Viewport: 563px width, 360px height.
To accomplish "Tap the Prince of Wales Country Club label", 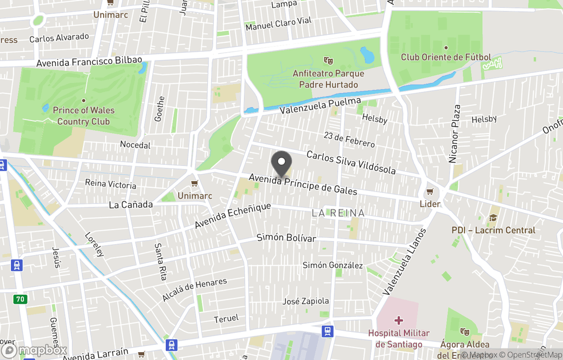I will coord(83,116).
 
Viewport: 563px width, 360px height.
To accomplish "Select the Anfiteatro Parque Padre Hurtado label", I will coord(328,79).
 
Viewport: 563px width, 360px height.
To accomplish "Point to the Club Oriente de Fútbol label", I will coord(446,57).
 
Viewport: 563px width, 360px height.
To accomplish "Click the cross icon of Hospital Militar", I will coord(399,320).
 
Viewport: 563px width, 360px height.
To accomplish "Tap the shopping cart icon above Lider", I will coord(430,192).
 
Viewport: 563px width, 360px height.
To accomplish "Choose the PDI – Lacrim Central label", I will coord(493,230).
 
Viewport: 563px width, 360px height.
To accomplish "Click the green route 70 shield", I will coord(20,299).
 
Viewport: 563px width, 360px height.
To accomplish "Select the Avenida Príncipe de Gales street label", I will coord(303,184).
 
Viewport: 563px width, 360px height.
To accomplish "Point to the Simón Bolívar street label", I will coord(286,237).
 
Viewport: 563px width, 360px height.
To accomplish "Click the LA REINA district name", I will coord(338,213).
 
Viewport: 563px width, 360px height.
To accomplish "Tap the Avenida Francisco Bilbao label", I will coord(89,62).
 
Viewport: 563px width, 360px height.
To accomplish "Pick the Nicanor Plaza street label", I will coord(455,133).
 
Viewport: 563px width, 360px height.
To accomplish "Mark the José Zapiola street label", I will coord(305,301).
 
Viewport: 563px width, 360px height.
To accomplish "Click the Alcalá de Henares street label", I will coord(194,290).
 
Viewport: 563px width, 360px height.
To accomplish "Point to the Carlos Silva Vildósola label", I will coord(351,163).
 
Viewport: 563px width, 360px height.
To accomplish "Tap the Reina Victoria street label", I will coord(111,184).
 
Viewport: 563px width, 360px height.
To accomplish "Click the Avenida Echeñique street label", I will coord(233,215).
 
